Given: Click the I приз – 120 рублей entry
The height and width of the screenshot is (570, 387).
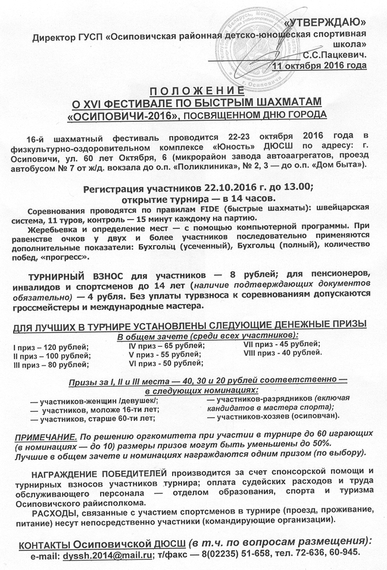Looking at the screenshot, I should [x=51, y=347].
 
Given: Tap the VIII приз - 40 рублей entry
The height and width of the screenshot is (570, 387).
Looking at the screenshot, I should [x=282, y=353].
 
